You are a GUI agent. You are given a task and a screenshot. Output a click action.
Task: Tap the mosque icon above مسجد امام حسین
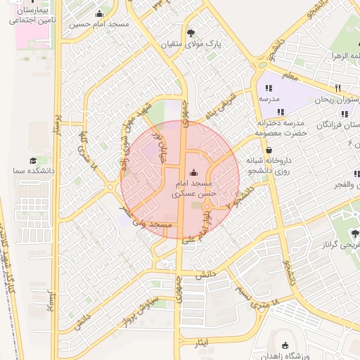[x=99, y=13]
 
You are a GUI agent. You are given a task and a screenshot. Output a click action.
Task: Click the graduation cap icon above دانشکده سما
[x=34, y=161]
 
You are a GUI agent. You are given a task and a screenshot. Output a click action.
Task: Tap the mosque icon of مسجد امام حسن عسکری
[x=194, y=173]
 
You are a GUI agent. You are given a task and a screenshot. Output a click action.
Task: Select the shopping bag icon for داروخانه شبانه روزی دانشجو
[x=269, y=149]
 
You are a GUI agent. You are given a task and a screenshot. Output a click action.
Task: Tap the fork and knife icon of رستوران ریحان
[x=338, y=88]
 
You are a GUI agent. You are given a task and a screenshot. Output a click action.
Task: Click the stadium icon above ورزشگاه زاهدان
[x=285, y=345]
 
